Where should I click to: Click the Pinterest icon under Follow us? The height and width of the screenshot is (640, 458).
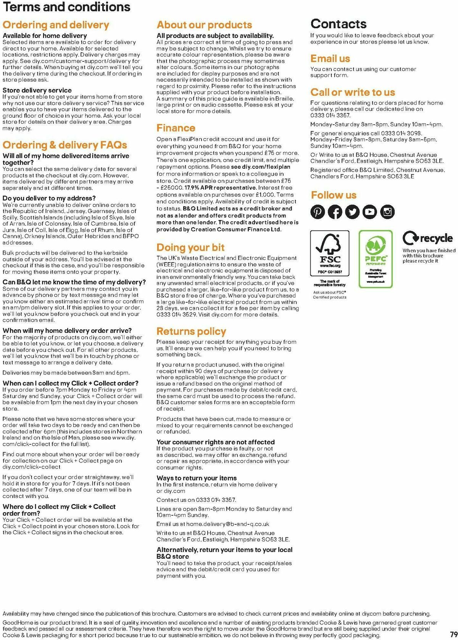point(318,212)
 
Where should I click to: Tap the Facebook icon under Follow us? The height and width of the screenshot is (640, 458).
point(335,212)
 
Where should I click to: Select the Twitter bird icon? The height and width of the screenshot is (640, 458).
point(352,212)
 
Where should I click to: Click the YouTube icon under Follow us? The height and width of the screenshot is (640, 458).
point(369,212)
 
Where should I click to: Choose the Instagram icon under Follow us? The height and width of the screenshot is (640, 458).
point(387,212)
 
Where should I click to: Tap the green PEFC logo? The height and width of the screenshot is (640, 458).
point(376,259)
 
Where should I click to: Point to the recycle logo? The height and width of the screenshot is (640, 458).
point(427,239)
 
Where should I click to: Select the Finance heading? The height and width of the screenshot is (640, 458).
point(176,128)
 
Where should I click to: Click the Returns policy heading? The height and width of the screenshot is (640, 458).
point(191,331)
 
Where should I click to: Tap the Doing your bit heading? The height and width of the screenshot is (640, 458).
point(190,247)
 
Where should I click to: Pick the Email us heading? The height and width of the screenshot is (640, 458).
point(330,58)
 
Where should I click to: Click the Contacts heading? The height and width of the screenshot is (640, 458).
point(339,24)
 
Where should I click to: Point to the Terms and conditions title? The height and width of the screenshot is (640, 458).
point(66,7)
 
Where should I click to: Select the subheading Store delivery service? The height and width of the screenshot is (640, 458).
point(37,90)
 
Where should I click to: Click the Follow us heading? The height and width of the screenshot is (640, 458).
point(334,195)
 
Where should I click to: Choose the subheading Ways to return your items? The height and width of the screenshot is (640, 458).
point(197,478)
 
